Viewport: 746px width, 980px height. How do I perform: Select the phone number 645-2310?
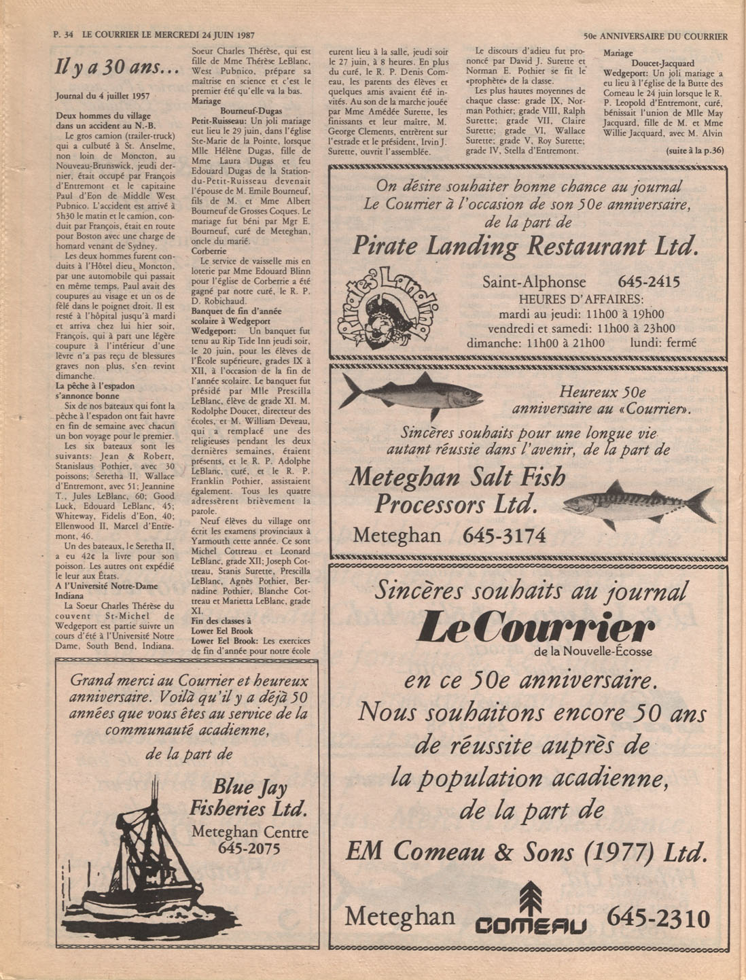(658, 919)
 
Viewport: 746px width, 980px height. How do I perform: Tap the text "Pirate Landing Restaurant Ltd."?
(525, 245)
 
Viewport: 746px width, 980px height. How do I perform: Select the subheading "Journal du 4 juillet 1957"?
(103, 97)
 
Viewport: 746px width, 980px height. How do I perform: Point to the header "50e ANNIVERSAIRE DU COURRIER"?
(656, 37)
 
